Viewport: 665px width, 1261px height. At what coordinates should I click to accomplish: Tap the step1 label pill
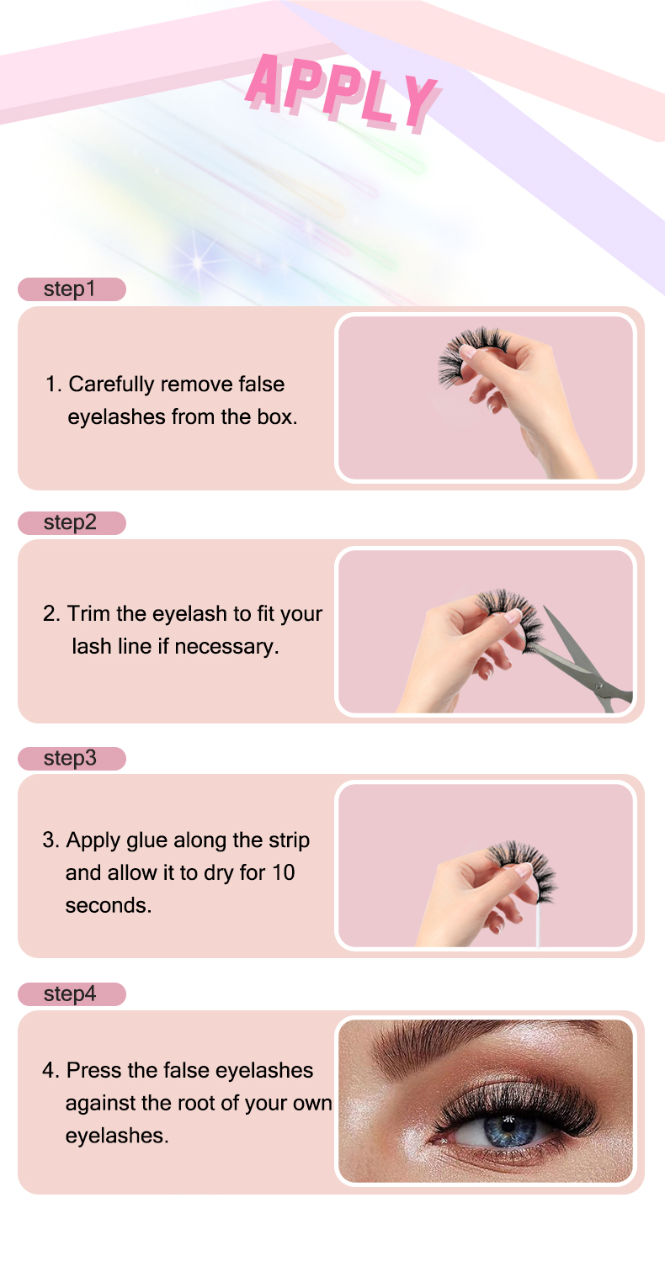click(72, 289)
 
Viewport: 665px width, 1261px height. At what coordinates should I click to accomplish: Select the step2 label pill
click(72, 522)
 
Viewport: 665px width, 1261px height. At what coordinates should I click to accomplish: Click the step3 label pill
click(72, 758)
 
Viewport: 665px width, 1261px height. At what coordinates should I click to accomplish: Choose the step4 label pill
click(72, 993)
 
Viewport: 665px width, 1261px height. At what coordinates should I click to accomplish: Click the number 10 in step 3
click(284, 873)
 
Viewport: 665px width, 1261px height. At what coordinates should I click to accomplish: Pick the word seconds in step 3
click(108, 906)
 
